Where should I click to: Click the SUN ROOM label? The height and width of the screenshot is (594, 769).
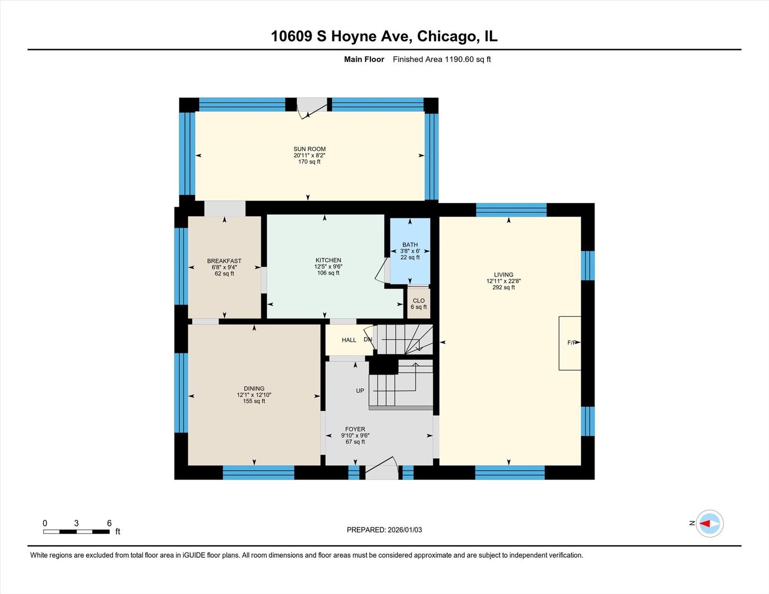coord(309,149)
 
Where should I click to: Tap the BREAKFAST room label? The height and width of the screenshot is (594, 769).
coord(224,261)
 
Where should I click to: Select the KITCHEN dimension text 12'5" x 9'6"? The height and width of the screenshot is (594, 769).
coord(328,267)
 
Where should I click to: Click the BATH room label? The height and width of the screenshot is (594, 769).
coord(410,245)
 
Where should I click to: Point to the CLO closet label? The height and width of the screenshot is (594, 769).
coord(418,301)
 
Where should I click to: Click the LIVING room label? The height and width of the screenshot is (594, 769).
coord(503,274)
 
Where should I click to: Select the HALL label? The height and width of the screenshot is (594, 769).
coord(349,340)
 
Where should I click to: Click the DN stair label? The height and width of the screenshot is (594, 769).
coord(368,339)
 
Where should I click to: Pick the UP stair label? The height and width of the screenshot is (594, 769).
coord(360,391)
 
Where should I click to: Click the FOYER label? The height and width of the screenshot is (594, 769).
coord(355,429)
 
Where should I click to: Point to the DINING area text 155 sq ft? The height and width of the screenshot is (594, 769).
coord(254,401)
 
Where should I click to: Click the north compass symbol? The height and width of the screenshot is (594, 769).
coord(709,524)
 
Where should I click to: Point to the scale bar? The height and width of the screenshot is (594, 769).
coord(77,531)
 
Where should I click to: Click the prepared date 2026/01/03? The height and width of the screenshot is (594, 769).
coord(405,530)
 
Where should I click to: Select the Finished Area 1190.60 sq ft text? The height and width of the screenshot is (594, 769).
coord(441,59)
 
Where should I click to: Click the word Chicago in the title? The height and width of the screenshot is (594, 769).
coord(448,36)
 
